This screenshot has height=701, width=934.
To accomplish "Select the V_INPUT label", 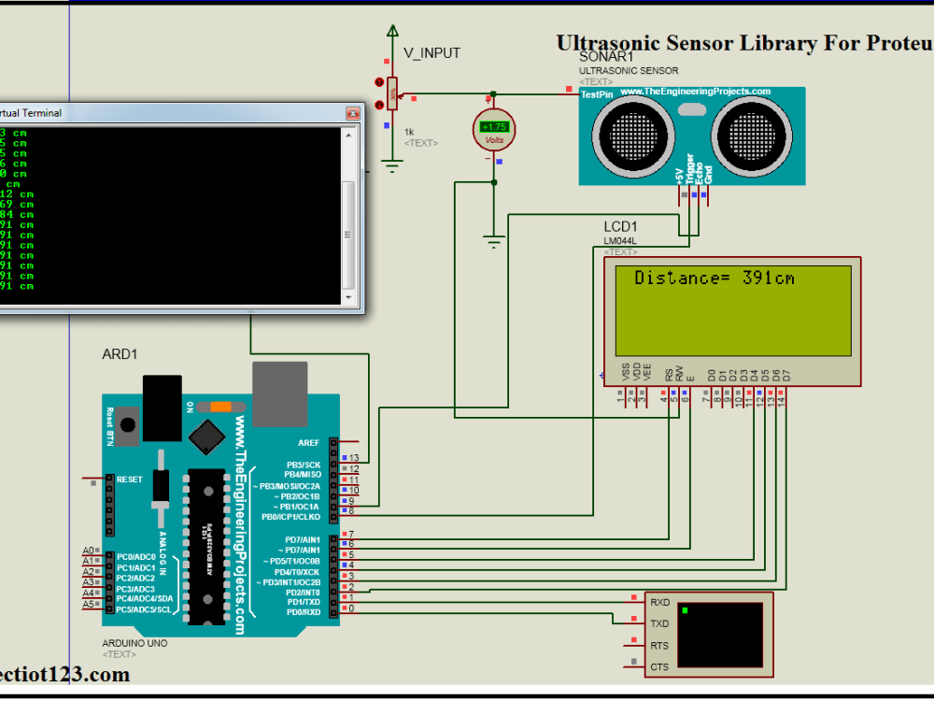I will [x=432, y=53].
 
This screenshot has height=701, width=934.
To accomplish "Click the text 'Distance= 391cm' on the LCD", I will [x=715, y=278].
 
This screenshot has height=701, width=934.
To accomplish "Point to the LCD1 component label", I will [x=620, y=227].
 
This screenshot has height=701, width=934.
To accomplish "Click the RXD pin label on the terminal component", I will [x=659, y=603].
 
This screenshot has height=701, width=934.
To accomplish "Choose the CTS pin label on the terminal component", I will [x=659, y=667].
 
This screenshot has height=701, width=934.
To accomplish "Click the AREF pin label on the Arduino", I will [x=309, y=443].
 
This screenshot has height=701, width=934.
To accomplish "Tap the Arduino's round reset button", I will [x=128, y=425].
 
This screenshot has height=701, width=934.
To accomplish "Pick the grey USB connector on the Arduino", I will [x=280, y=393].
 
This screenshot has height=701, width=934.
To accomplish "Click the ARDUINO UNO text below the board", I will [x=134, y=644].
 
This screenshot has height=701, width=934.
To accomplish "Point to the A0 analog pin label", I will [x=89, y=551].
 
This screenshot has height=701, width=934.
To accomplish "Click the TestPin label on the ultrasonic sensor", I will [x=596, y=94].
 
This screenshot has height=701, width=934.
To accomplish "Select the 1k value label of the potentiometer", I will [x=409, y=132].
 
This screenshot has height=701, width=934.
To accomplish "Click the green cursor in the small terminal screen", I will [x=685, y=610].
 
